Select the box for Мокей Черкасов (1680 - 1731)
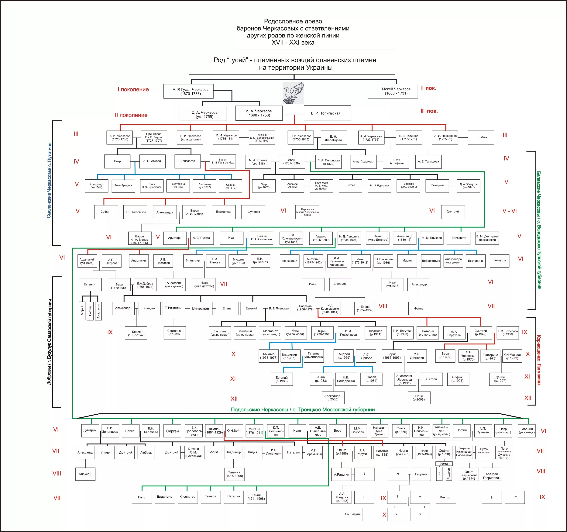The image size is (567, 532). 393,91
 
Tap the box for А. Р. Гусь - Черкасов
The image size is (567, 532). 188,91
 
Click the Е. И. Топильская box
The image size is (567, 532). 327,113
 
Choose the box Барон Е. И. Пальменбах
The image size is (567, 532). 222,161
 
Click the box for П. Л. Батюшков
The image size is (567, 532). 135,212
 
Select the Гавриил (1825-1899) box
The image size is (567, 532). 321,238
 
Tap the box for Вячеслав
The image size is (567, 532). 201,308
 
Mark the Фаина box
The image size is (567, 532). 419,308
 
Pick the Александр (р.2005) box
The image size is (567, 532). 332,398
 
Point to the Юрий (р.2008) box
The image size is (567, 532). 419,398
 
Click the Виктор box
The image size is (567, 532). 445,497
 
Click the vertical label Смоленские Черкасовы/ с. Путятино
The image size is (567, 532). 49,180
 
